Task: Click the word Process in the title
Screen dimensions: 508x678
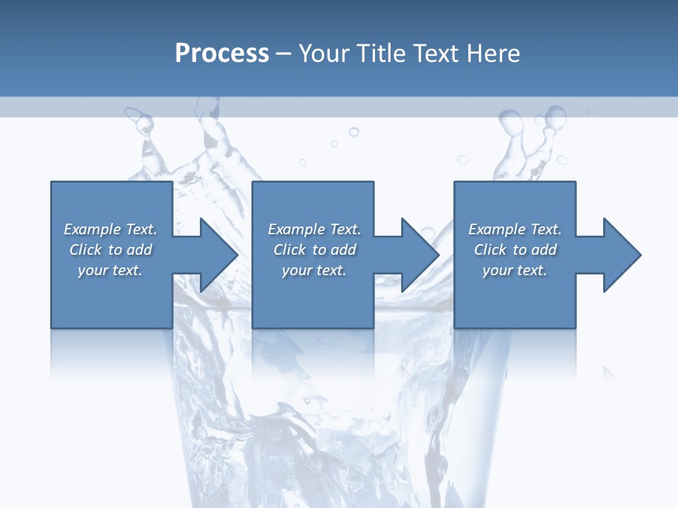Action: tap(222, 54)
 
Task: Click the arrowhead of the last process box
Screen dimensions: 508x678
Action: tap(621, 255)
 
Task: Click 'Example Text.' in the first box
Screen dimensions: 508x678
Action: tap(110, 229)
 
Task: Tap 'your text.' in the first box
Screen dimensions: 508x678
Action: tap(110, 270)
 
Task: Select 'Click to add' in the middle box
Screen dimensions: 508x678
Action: tap(314, 250)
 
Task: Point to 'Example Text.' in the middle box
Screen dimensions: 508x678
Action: tap(314, 229)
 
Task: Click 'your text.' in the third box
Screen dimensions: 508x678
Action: tap(515, 270)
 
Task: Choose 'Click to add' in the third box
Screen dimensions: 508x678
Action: tap(515, 250)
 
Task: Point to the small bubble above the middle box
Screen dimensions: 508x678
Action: tap(353, 132)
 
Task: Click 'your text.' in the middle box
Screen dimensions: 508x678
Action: tap(314, 270)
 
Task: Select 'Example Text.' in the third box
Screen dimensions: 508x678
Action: tap(515, 229)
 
